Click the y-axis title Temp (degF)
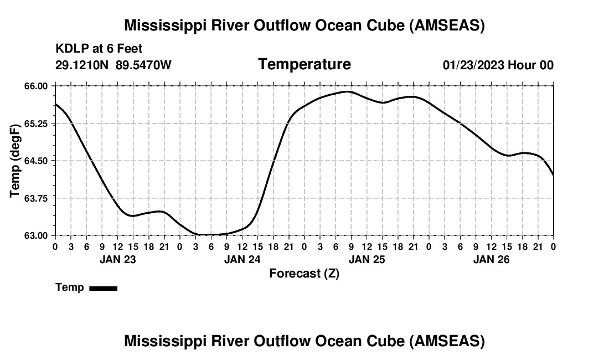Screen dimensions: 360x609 click(15, 161)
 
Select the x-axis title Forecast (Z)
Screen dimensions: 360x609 click(304, 273)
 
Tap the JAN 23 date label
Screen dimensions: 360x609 click(117, 259)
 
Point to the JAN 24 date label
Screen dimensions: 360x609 click(242, 259)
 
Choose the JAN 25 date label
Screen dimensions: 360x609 click(367, 259)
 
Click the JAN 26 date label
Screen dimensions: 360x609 click(491, 259)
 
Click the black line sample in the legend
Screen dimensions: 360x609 click(103, 288)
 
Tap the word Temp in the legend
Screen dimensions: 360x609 click(70, 287)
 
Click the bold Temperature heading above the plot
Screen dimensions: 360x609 click(304, 64)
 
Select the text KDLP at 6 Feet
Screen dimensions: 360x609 click(99, 49)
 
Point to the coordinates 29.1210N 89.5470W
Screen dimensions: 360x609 click(113, 65)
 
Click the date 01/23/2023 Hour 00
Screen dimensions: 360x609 click(498, 65)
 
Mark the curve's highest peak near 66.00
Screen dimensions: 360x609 click(347, 91)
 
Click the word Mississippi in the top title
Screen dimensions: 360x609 click(166, 25)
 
